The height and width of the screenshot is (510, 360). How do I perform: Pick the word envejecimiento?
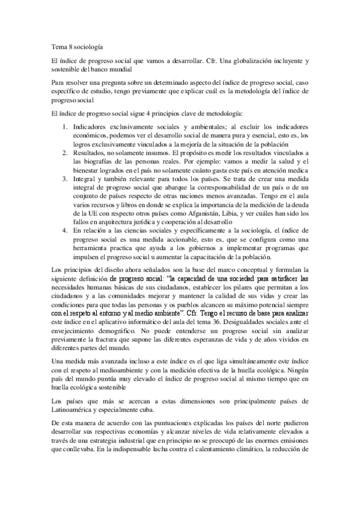[76, 331]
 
